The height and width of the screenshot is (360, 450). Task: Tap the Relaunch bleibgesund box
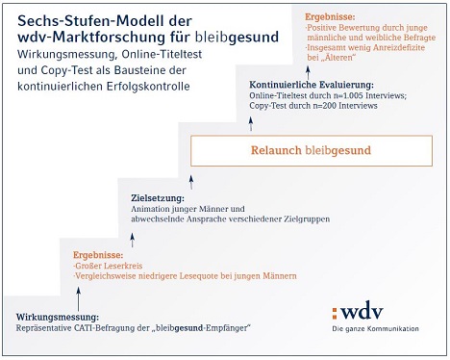click(x=312, y=151)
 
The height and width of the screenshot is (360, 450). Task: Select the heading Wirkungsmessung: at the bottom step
click(x=58, y=318)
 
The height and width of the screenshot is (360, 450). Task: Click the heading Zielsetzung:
click(x=158, y=198)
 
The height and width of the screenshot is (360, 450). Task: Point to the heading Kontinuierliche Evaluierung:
click(x=312, y=85)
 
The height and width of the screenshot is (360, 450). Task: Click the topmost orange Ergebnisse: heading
click(x=330, y=17)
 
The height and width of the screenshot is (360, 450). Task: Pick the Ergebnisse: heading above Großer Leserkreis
click(x=98, y=255)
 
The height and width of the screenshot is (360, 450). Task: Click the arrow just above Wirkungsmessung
click(x=78, y=299)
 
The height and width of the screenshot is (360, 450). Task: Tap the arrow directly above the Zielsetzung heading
click(x=133, y=240)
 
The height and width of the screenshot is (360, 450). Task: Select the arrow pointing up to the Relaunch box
click(x=191, y=182)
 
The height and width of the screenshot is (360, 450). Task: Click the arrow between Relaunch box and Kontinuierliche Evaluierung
click(x=251, y=123)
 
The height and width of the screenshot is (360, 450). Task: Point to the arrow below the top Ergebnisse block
click(x=308, y=73)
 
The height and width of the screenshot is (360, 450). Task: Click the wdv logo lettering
click(x=362, y=311)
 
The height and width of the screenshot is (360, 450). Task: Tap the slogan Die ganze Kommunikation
click(x=375, y=329)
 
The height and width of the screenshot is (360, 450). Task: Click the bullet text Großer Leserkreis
click(x=108, y=266)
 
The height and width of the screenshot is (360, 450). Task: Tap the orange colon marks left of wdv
click(x=335, y=313)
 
